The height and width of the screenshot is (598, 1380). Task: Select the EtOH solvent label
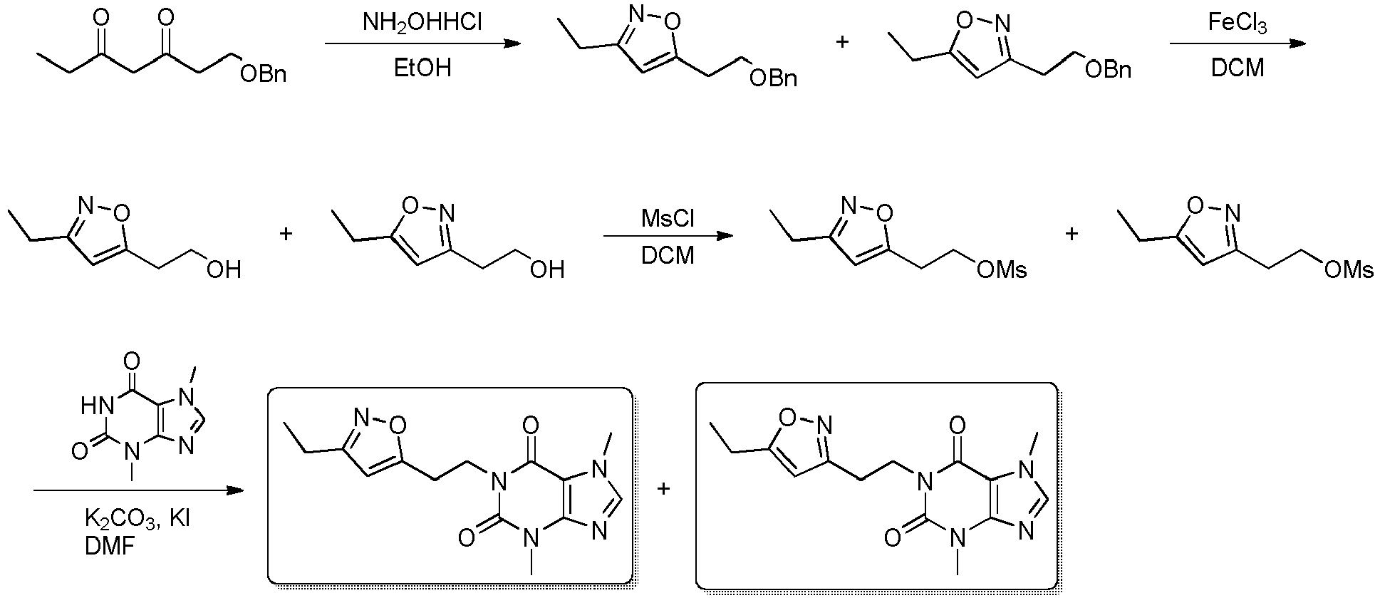coord(422,68)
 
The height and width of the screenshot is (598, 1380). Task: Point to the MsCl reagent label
coord(667,217)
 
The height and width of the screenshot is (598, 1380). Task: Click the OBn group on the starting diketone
coord(264,73)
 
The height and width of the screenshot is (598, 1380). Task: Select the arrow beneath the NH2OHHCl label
coord(422,44)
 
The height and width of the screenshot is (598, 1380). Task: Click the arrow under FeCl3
coord(1238,44)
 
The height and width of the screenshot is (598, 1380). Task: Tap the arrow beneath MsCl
coord(668,236)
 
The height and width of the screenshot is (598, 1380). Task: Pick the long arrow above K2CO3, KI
coord(138,491)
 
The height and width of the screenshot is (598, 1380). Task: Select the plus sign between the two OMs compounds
coord(1072,233)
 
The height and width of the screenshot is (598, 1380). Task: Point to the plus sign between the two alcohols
coord(286,233)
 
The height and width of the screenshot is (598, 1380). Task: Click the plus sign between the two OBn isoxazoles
coord(842,41)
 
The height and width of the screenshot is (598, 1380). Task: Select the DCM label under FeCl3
coord(1238,68)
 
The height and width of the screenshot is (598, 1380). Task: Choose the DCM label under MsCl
coord(667,255)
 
